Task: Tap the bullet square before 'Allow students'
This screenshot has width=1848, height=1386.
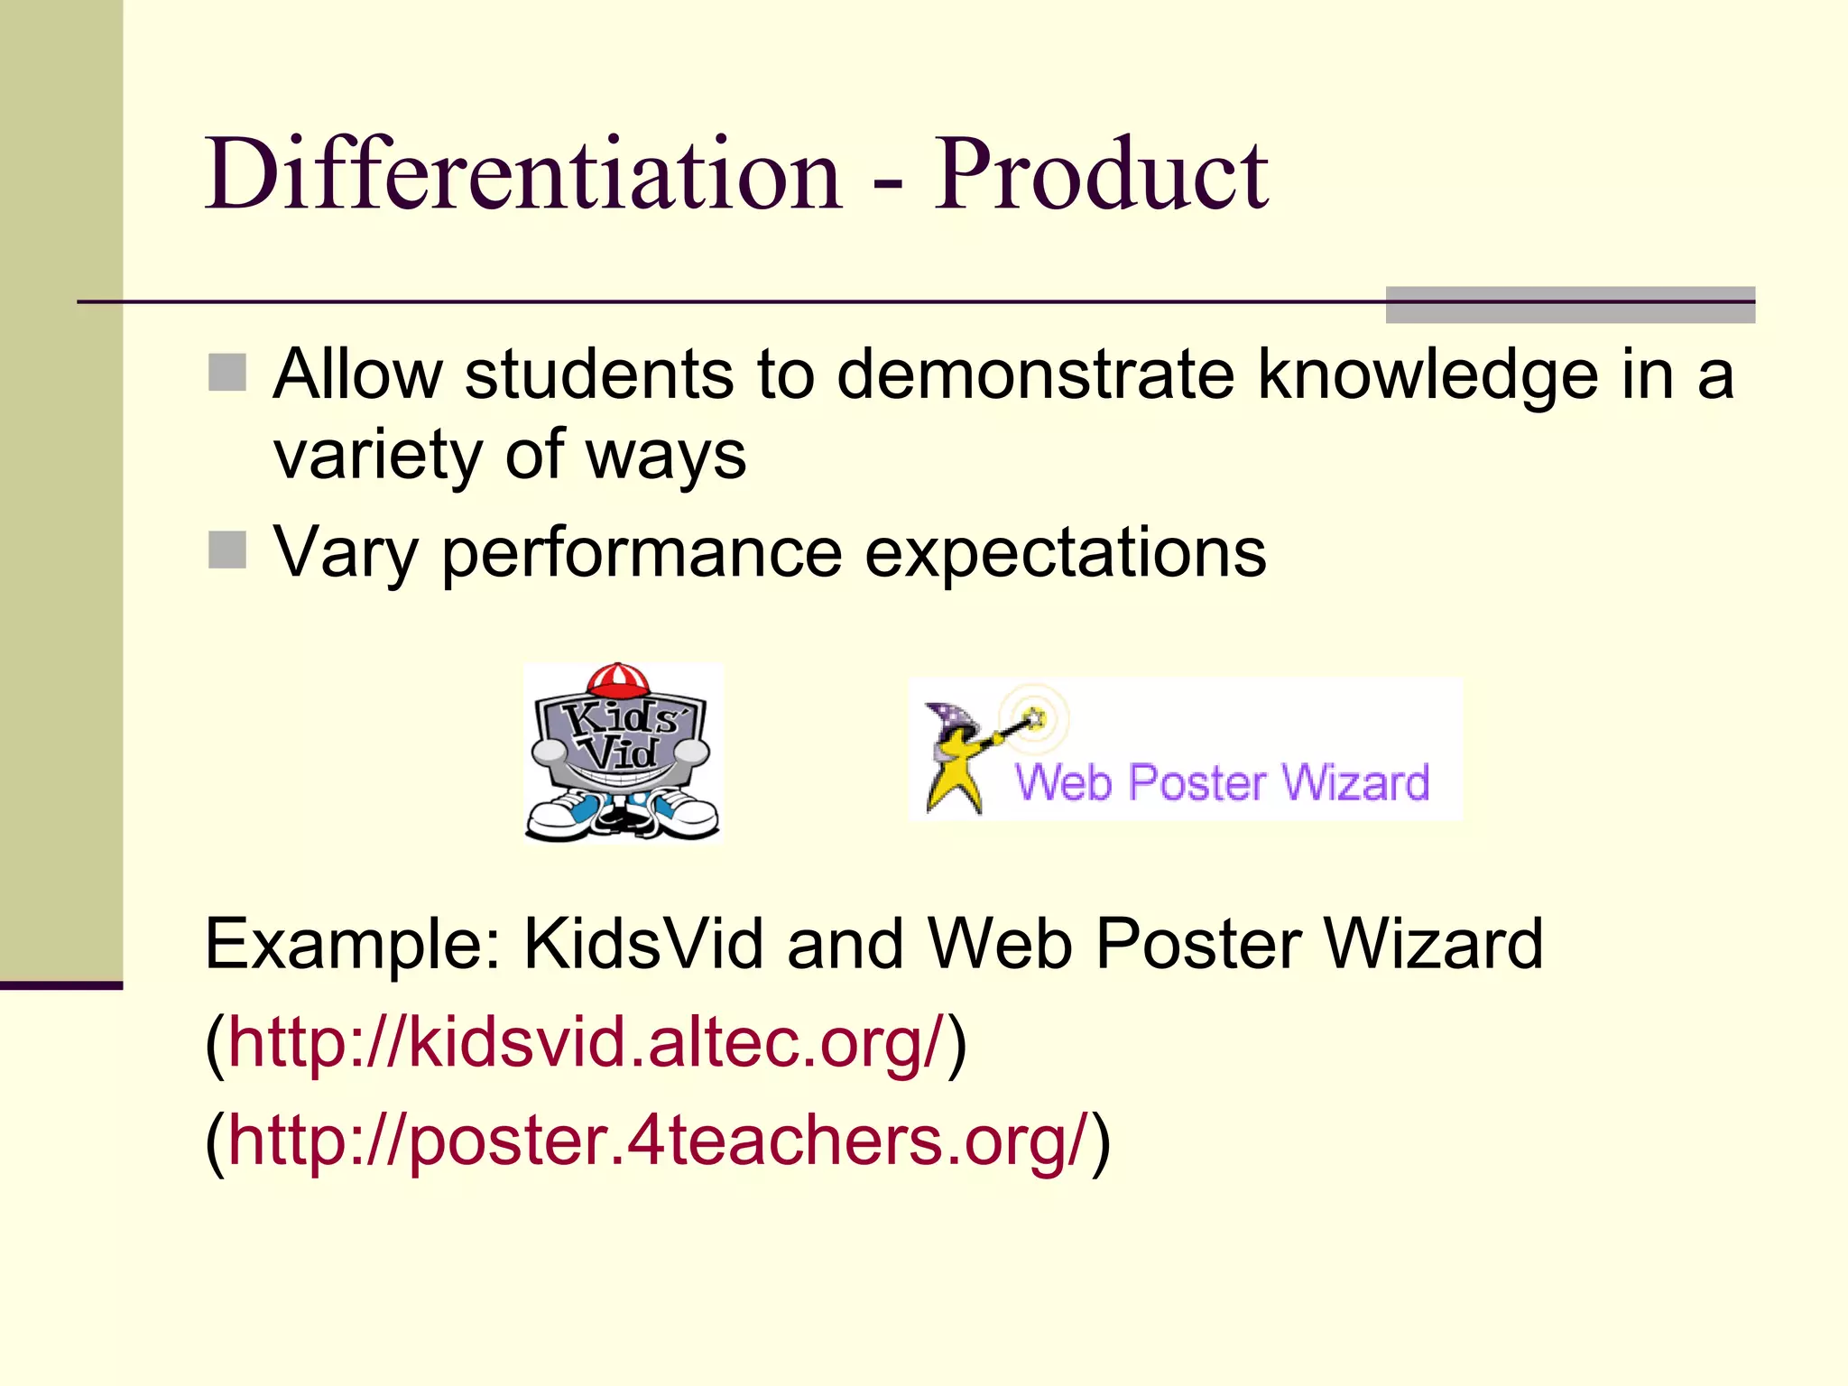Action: tap(227, 373)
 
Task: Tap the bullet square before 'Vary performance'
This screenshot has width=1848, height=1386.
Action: tap(227, 550)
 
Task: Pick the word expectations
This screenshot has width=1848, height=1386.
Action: tap(1065, 552)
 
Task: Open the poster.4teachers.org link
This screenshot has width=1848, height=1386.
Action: tap(659, 1140)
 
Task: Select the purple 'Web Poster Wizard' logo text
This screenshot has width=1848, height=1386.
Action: tap(1223, 782)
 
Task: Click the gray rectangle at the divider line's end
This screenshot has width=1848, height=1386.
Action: tap(1570, 304)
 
